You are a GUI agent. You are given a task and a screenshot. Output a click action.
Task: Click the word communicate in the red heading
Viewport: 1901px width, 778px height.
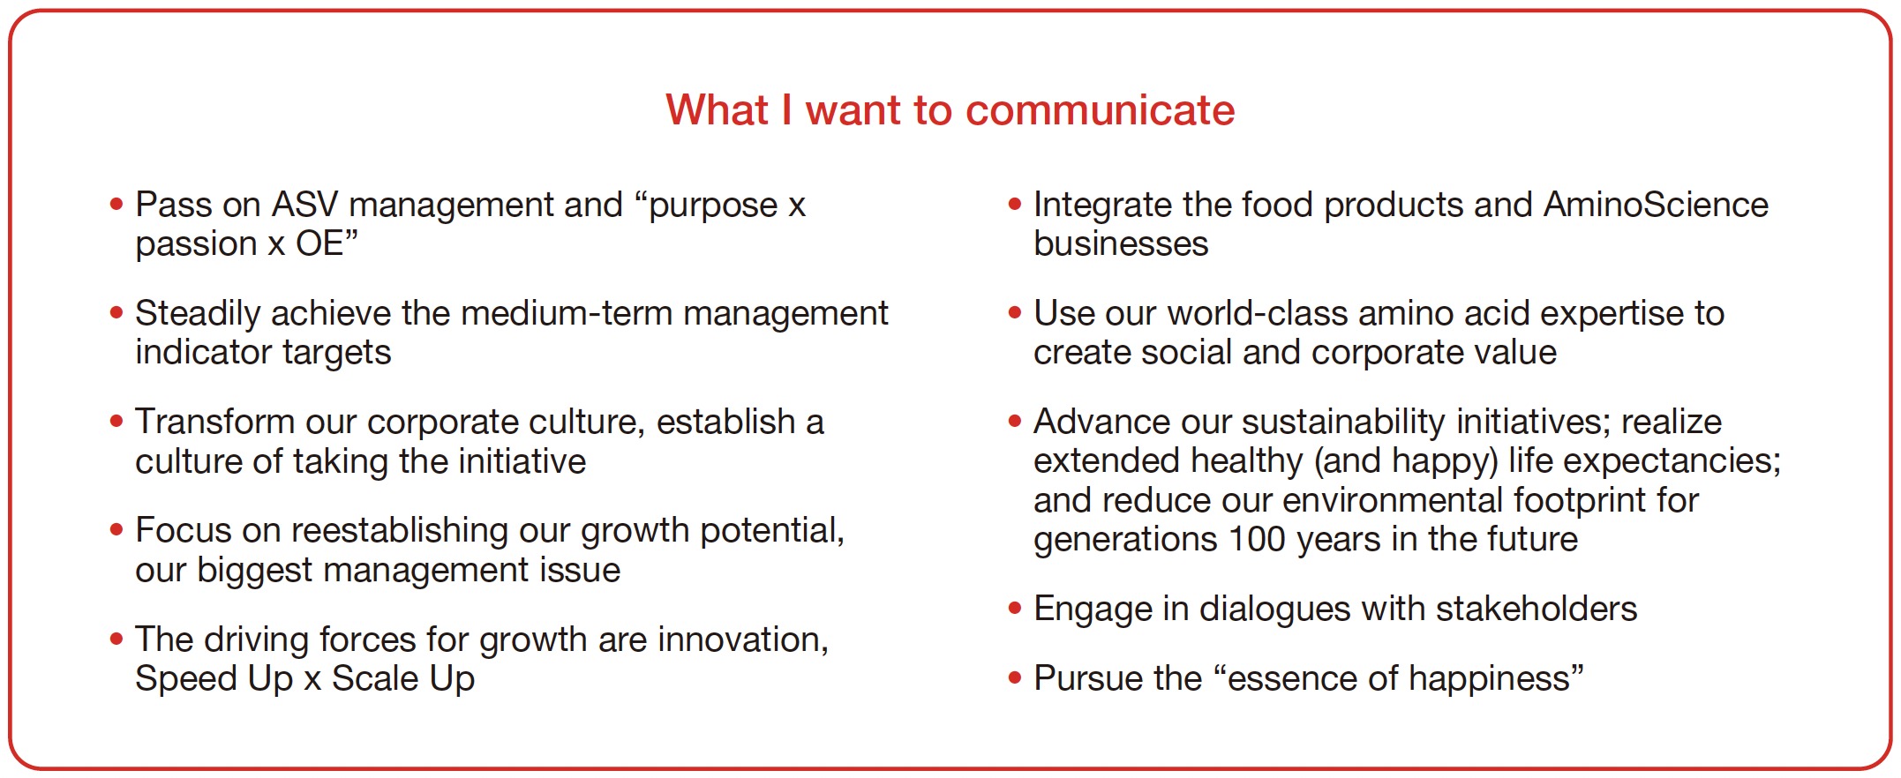pyautogui.click(x=1100, y=110)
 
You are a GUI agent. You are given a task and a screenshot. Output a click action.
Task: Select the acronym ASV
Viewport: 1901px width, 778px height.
pyautogui.click(x=304, y=205)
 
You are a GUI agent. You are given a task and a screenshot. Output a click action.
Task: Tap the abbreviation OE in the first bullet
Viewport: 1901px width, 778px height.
pyautogui.click(x=319, y=243)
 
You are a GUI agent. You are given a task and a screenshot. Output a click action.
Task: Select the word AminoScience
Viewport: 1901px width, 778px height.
pyautogui.click(x=1656, y=205)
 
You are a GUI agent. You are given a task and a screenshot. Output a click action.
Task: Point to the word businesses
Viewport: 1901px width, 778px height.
pyautogui.click(x=1121, y=243)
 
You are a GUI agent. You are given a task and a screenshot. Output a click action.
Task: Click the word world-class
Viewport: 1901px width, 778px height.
pyautogui.click(x=1258, y=313)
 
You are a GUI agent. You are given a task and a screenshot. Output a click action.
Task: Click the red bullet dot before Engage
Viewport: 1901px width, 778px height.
pyautogui.click(x=1015, y=608)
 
